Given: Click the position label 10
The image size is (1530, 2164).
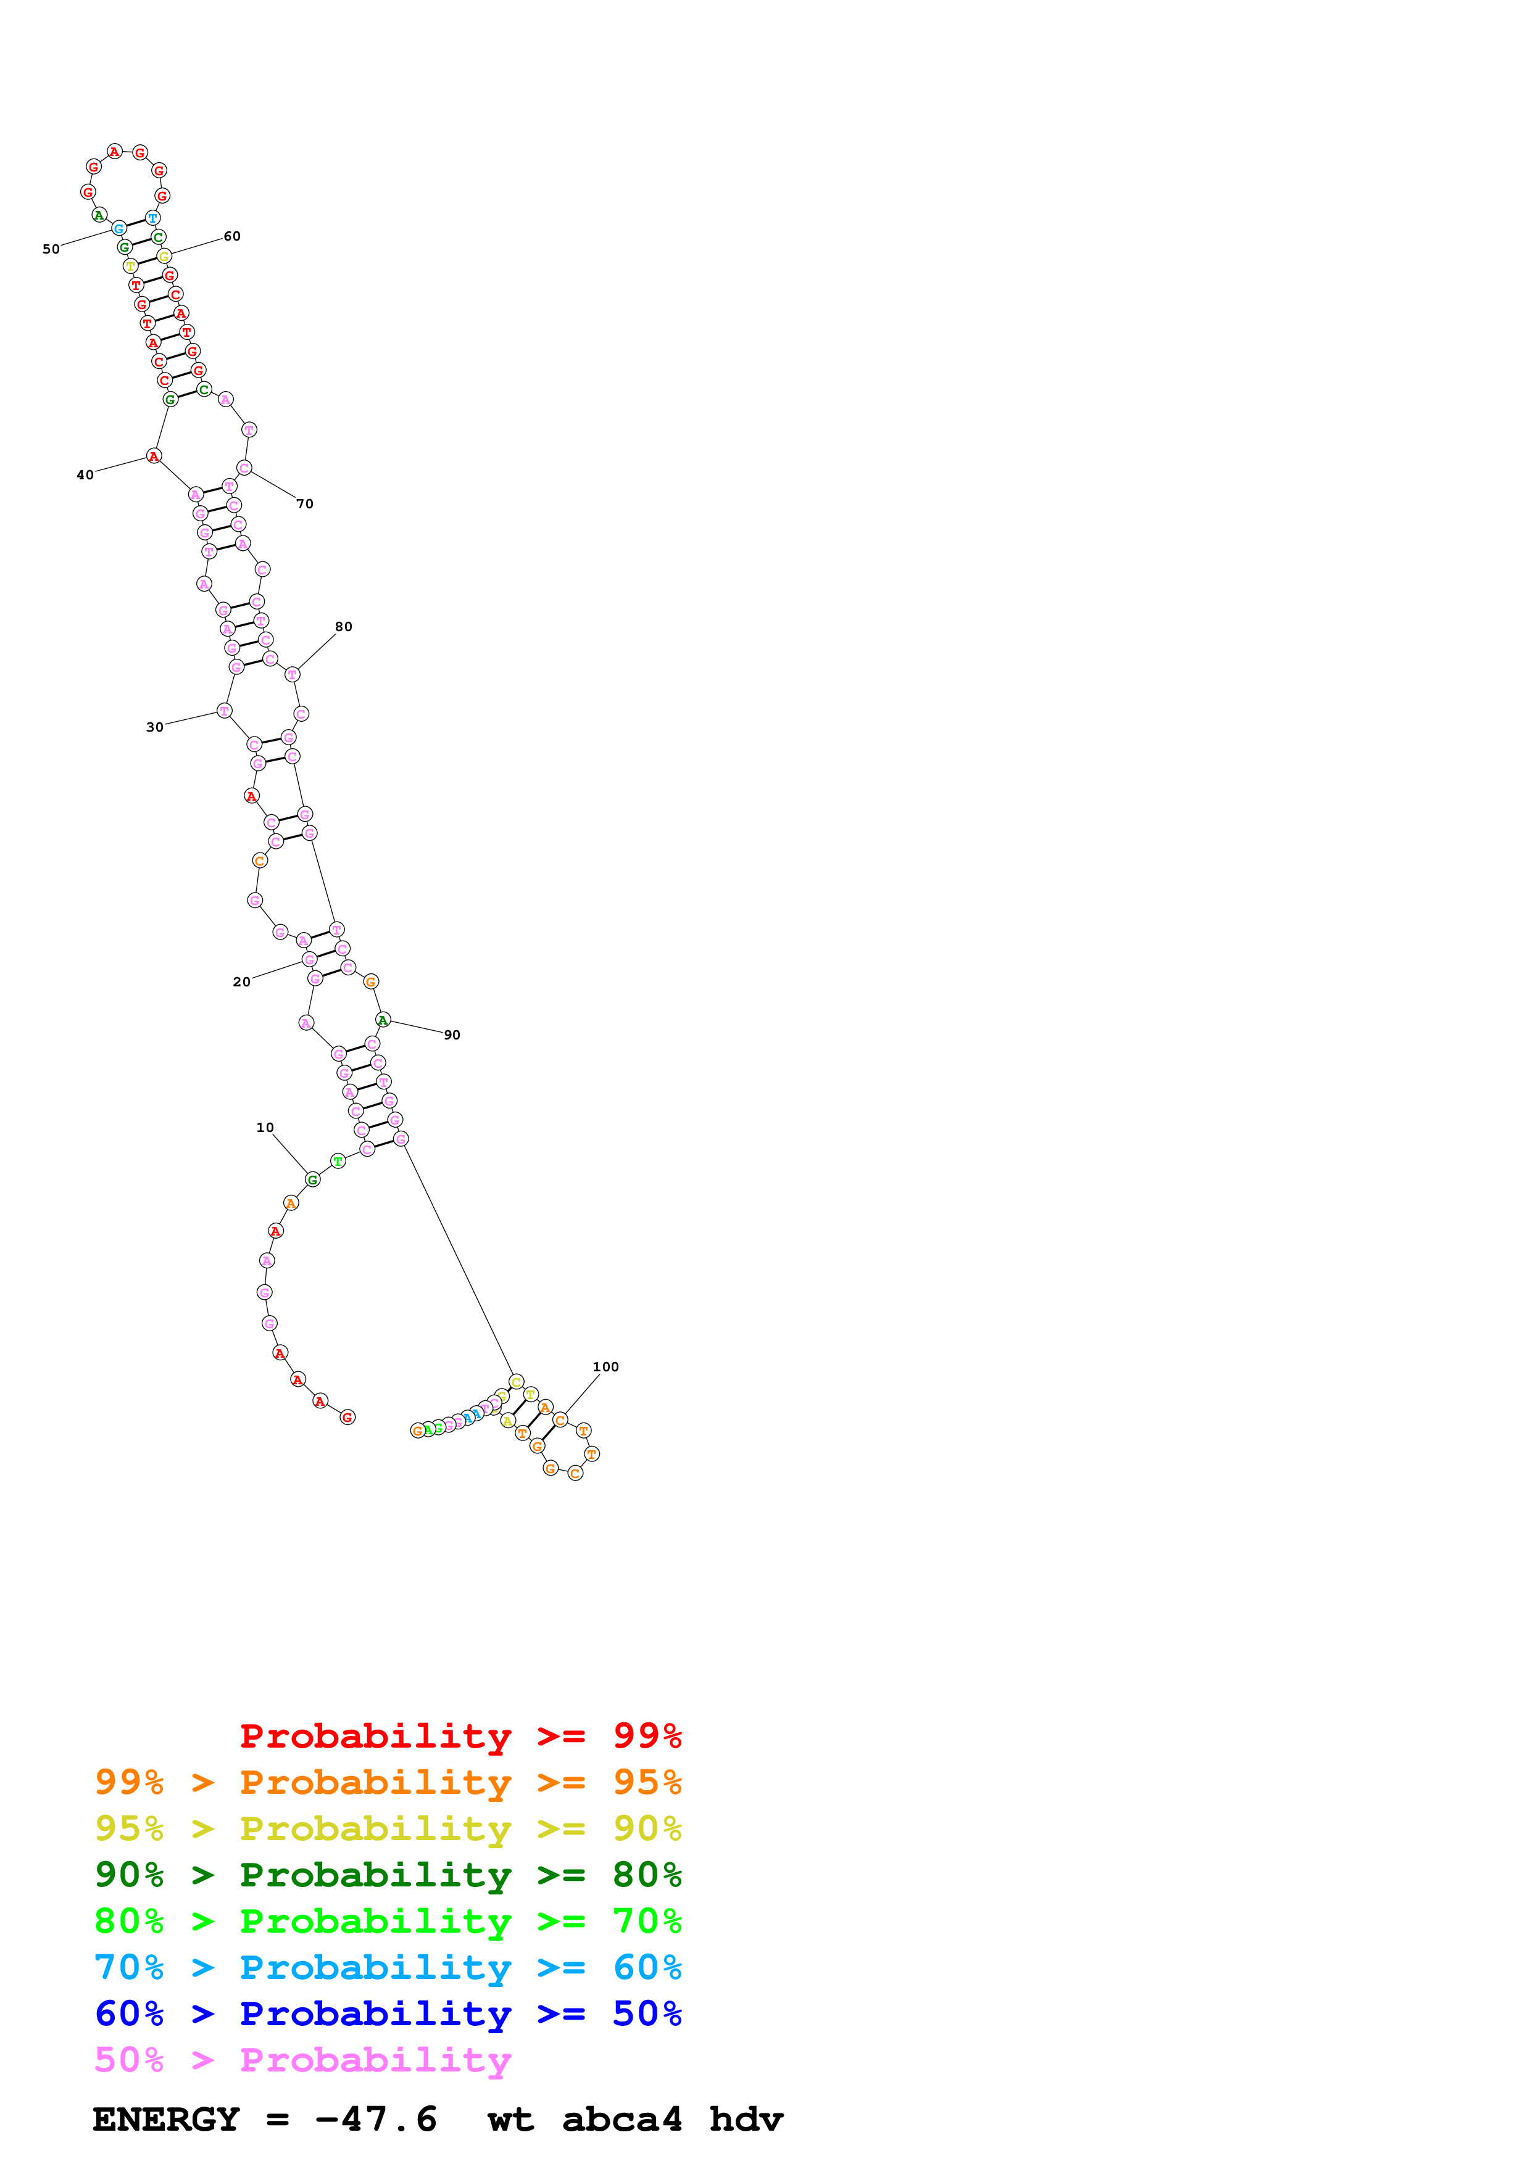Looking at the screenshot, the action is (265, 1127).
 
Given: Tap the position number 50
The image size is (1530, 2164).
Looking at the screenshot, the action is (51, 249).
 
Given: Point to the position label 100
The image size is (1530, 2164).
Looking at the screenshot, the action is (605, 1366).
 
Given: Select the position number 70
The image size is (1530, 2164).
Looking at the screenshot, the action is (304, 504).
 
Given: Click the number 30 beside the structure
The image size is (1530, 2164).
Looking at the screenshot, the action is (154, 727).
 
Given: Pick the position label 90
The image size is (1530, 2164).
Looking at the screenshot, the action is (452, 1035).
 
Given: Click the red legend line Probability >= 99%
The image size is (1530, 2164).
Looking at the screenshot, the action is (460, 1736).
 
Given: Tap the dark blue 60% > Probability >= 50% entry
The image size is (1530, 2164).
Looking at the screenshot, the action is (388, 2013).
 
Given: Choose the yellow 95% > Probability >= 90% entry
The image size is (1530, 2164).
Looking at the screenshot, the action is (388, 1828).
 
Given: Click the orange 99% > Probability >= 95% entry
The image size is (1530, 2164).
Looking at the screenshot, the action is (388, 1782).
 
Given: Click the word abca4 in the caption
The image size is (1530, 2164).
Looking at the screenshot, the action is (622, 2120).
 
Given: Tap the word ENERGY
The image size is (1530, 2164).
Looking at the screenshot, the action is (166, 2120).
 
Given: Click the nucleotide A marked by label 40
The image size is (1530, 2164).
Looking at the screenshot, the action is (154, 456).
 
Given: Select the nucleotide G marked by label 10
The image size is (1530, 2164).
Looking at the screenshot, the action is (313, 1179).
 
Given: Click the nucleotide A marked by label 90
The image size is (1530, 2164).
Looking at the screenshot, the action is (383, 1020).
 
